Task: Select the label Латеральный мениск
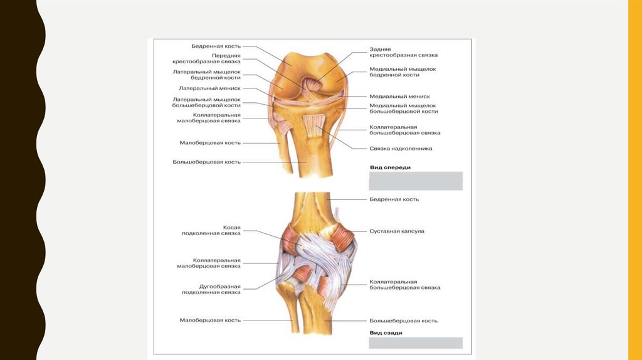pos(209,88)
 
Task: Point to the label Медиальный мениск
pos(399,97)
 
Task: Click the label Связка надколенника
pos(401,149)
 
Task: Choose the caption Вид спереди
pos(386,167)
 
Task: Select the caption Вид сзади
pos(386,332)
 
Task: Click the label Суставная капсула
pos(397,231)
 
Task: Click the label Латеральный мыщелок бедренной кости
pos(207,75)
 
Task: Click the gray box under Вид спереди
pos(415,181)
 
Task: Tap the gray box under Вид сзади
pos(415,343)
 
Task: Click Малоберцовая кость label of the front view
pos(210,143)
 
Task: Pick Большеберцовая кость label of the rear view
pos(403,320)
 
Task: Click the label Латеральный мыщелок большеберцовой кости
pos(207,102)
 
